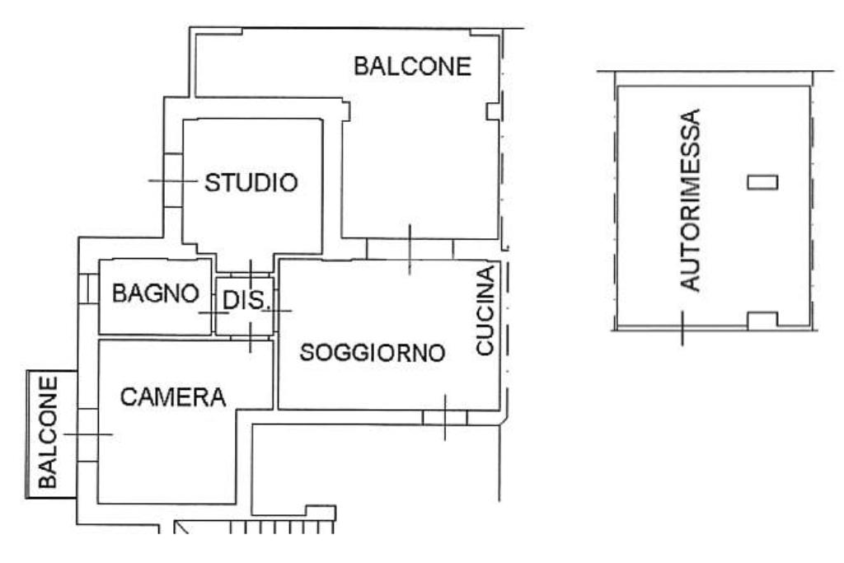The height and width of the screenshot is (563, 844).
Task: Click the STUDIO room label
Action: pyautogui.click(x=251, y=182)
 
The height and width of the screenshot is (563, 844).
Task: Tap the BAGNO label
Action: pyautogui.click(x=156, y=293)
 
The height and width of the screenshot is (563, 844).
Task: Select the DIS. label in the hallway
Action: pyautogui.click(x=245, y=300)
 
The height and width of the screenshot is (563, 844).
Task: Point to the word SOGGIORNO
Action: pyautogui.click(x=373, y=353)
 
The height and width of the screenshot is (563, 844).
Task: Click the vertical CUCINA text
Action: pyautogui.click(x=485, y=310)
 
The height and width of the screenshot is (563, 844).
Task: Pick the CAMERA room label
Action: pyautogui.click(x=173, y=397)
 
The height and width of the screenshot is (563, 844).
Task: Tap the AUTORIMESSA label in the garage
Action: pyautogui.click(x=691, y=200)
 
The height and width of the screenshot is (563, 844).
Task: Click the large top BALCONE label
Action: pyautogui.click(x=412, y=66)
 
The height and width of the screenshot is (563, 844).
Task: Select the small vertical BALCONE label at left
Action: pyautogui.click(x=48, y=432)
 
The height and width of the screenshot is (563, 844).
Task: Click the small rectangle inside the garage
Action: pyautogui.click(x=762, y=182)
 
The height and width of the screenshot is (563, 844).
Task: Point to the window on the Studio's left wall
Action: pyautogui.click(x=173, y=181)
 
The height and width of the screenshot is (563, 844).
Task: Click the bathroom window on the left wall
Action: pyautogui.click(x=89, y=288)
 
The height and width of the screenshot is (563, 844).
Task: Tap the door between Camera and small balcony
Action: pyautogui.click(x=87, y=435)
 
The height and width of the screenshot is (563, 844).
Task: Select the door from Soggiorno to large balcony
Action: pyautogui.click(x=410, y=250)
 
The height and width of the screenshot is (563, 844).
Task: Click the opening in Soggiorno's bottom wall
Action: pyautogui.click(x=444, y=418)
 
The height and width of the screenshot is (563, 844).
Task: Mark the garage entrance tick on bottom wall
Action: pyautogui.click(x=682, y=328)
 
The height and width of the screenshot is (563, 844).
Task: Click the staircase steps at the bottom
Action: pyautogui.click(x=282, y=527)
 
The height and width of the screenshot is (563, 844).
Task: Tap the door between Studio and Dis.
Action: pyautogui.click(x=251, y=274)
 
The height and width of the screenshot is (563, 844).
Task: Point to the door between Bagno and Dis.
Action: pyautogui.click(x=213, y=313)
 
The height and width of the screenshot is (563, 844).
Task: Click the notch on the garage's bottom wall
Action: pyautogui.click(x=762, y=321)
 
